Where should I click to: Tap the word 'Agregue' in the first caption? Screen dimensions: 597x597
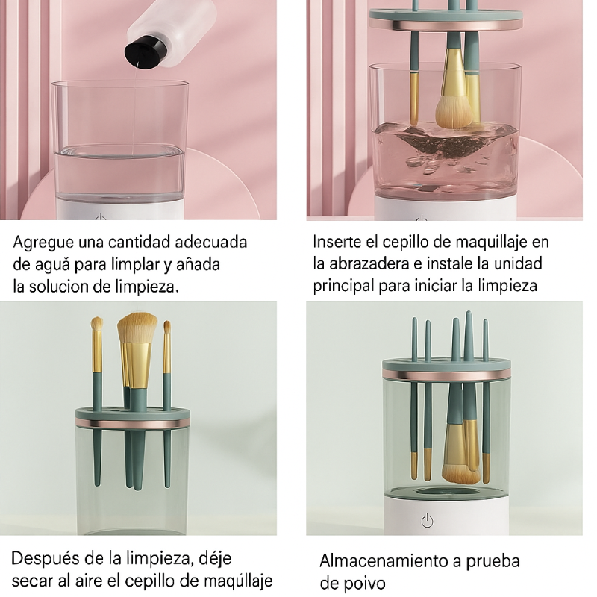pos(43,243)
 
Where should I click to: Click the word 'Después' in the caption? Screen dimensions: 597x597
pos(44,559)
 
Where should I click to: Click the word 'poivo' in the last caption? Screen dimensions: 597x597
pos(365,583)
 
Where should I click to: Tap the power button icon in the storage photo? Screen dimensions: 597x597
pos(427,521)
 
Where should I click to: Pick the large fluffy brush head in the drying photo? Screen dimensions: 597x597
pos(137,331)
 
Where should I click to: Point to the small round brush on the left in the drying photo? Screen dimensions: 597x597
pos(97,325)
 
